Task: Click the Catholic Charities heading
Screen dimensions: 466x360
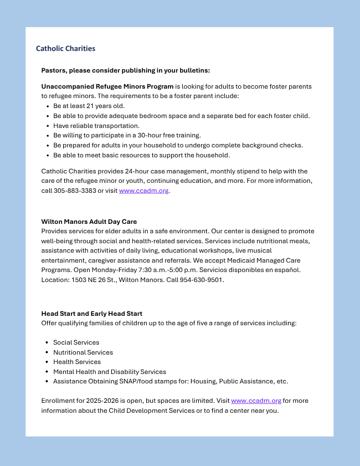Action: pos(65,49)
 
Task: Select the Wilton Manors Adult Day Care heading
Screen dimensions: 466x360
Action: pos(89,222)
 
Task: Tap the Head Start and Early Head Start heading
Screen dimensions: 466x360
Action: pos(91,314)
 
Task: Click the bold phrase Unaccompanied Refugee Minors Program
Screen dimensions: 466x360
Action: pos(107,86)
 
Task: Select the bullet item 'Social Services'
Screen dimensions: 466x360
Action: pos(76,342)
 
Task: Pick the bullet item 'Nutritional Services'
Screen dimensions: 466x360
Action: pos(83,352)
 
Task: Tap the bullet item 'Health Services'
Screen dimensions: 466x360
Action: pos(76,362)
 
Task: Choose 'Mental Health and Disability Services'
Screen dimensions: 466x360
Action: pos(109,372)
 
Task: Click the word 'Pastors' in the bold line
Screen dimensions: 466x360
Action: pos(54,70)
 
